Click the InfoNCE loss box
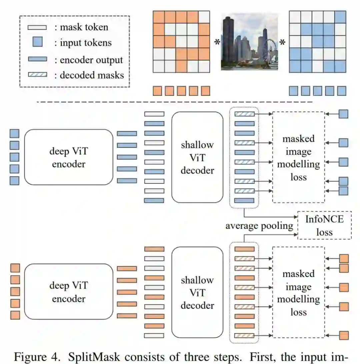coord(324,225)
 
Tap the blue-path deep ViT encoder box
coord(69,157)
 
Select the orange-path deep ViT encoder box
coord(69,292)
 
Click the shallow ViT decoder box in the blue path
coord(197,157)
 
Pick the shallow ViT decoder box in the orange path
coord(197,292)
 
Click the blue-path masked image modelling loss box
coord(298,157)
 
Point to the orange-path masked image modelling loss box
coord(298,292)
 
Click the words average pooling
coord(259,226)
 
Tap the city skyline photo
coord(249,41)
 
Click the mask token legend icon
coord(37,27)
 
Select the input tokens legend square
coord(37,43)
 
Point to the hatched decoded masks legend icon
coord(37,75)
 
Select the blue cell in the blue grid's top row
coord(341,17)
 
